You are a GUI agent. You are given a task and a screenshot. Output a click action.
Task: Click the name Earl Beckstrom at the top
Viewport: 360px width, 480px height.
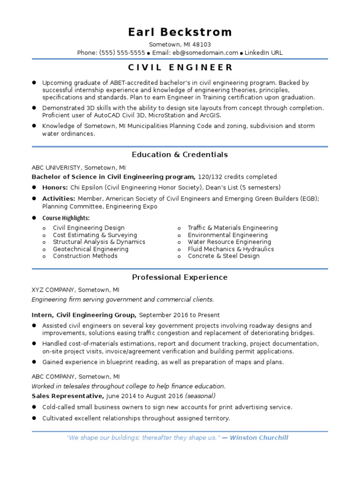point(180,32)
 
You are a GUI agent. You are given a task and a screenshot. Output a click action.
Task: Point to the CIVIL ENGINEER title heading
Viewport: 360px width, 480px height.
point(180,67)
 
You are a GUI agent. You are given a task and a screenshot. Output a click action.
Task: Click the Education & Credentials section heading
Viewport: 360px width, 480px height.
point(180,155)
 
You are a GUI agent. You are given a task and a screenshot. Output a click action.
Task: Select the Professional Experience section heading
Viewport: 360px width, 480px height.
point(180,277)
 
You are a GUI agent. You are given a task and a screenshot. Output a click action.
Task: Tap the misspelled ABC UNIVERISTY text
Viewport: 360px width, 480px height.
point(59,167)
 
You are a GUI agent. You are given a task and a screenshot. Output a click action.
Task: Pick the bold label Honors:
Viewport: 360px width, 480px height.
point(55,187)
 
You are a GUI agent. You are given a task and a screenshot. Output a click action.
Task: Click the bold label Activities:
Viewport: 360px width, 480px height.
point(59,199)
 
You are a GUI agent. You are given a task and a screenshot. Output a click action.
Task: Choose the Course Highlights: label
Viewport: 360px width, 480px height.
point(66,218)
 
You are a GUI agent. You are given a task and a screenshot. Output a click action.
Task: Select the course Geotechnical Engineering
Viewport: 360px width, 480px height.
point(90,249)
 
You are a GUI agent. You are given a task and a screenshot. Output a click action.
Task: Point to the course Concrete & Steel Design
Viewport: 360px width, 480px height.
point(224,256)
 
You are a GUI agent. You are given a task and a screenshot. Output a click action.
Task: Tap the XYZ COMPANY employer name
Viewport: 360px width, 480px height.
point(53,290)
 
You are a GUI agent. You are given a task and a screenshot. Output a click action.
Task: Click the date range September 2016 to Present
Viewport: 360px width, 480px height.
point(179,315)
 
